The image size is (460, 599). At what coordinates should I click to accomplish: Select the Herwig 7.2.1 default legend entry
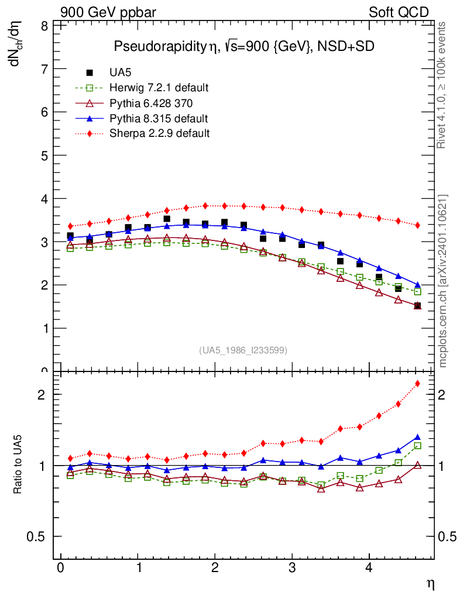159,88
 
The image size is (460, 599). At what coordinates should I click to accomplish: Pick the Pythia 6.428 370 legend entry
151,103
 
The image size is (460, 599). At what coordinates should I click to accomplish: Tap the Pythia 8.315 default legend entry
159,118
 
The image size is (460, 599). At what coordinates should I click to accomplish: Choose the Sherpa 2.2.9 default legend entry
159,133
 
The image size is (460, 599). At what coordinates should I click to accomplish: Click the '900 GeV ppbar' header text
108,12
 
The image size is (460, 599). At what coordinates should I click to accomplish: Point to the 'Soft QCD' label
399,12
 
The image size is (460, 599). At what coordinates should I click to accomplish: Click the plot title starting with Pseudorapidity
243,47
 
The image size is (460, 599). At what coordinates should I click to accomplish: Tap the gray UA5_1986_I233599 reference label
243,350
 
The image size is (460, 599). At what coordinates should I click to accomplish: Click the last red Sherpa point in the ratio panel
417,384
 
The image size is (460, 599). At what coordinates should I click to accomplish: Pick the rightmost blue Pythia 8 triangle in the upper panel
417,285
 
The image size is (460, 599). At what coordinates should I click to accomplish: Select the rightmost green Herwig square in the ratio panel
417,446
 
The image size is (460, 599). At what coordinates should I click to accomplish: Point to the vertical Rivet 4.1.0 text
443,85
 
